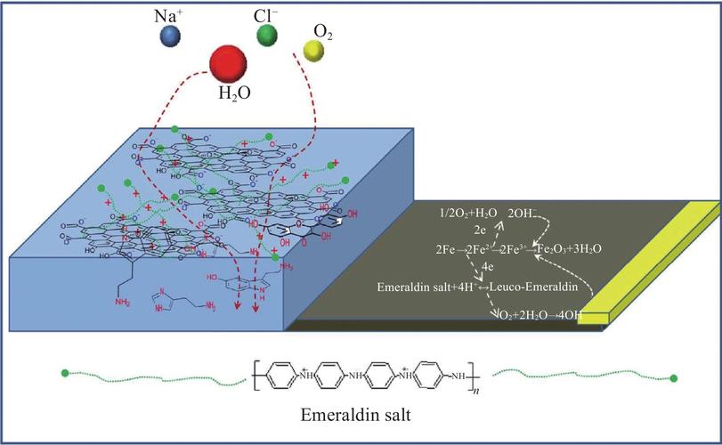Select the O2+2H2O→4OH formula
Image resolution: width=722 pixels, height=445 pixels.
click(543, 314)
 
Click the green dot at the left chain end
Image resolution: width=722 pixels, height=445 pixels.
click(65, 370)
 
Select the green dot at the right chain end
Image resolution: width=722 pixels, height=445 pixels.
click(674, 378)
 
